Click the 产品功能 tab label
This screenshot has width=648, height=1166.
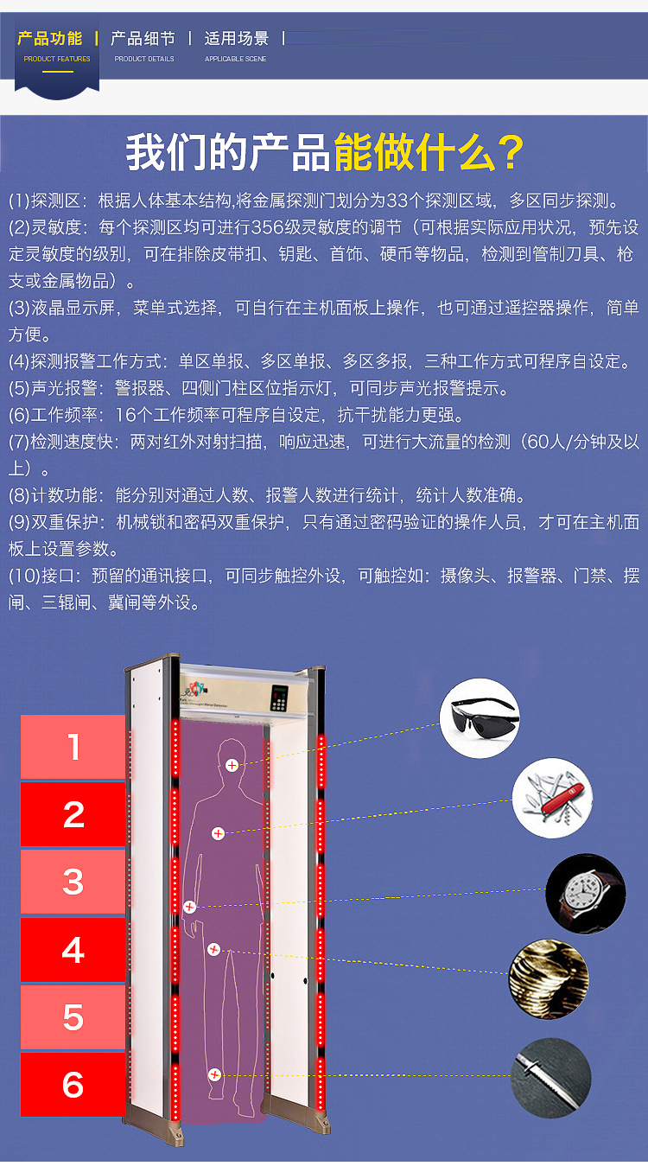pyautogui.click(x=50, y=39)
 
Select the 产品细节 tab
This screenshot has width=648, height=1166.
pyautogui.click(x=143, y=39)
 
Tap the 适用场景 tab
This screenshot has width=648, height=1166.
pyautogui.click(x=236, y=39)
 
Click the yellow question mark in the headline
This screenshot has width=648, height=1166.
pyautogui.click(x=506, y=152)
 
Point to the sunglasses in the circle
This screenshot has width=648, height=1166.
pyautogui.click(x=480, y=717)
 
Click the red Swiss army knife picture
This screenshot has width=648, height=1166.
pyautogui.click(x=552, y=798)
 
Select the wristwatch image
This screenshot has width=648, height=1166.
pyautogui.click(x=586, y=893)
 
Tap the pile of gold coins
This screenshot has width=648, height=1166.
pyautogui.click(x=549, y=979)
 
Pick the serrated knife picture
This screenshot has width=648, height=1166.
pyautogui.click(x=550, y=1078)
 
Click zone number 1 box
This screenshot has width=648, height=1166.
pyautogui.click(x=73, y=747)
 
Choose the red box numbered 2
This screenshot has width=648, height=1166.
pyautogui.click(x=73, y=814)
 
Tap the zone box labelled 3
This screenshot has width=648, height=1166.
pyautogui.click(x=73, y=882)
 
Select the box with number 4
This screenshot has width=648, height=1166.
pyautogui.click(x=73, y=950)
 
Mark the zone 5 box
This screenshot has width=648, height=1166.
pyautogui.click(x=73, y=1017)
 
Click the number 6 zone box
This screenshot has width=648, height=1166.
pyautogui.click(x=73, y=1085)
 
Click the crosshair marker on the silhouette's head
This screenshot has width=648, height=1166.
pyautogui.click(x=232, y=765)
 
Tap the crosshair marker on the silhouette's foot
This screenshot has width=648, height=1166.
pyautogui.click(x=214, y=1074)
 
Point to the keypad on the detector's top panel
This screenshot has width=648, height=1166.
pyautogui.click(x=279, y=698)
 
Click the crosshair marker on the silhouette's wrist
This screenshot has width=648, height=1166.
pyautogui.click(x=190, y=907)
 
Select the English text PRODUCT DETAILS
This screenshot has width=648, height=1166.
pyautogui.click(x=144, y=59)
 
